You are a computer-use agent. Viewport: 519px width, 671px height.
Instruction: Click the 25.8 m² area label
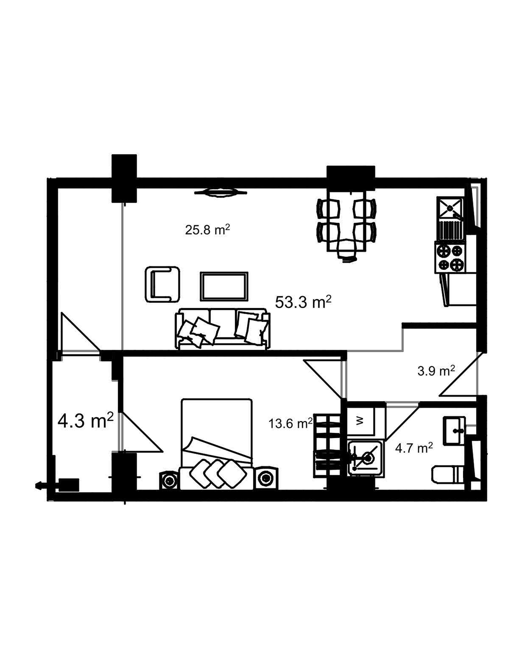point(208,230)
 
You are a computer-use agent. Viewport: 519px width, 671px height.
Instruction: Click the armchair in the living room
point(162,284)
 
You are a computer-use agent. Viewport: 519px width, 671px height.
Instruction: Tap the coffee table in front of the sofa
point(224,287)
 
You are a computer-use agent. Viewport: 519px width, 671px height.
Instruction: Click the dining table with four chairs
point(346,219)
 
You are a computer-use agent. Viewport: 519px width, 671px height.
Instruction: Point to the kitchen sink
point(450,207)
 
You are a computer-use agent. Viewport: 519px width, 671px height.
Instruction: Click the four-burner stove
point(450,257)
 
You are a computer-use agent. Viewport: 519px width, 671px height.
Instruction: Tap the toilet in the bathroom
point(447,474)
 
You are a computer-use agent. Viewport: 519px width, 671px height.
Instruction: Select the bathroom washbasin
point(453,431)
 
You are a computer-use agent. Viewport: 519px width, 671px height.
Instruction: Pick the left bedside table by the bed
point(169,479)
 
